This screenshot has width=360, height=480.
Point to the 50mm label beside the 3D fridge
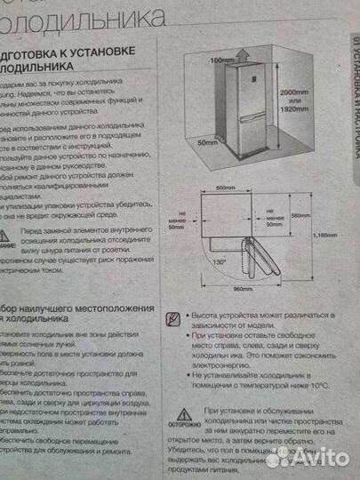click(x=208, y=142)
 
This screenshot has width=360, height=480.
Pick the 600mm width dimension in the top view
click(x=226, y=188)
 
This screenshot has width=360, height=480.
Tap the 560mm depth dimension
click(x=301, y=216)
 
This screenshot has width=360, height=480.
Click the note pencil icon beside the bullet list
click(x=173, y=316)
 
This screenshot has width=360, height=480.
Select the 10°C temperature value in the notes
click(x=319, y=386)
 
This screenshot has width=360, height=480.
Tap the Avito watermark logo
click(x=307, y=456)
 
